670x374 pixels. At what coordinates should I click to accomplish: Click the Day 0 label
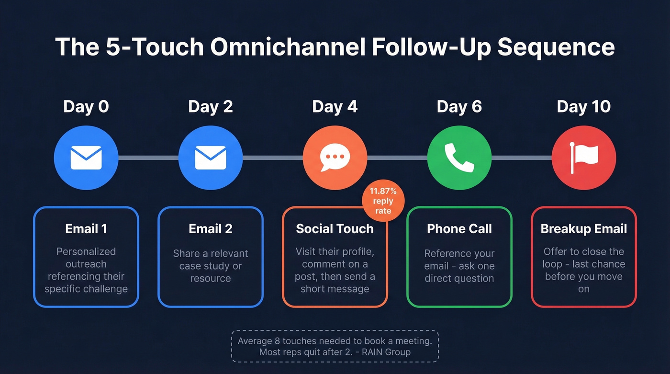coord(86,106)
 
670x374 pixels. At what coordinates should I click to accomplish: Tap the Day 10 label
coord(583,106)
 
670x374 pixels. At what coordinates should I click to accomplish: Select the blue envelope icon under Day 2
coord(211,158)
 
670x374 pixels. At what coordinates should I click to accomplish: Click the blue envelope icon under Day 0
coord(86,158)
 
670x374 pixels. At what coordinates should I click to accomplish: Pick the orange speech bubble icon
coord(335,158)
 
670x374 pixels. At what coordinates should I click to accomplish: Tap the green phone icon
coord(459,158)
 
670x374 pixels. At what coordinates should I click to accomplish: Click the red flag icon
coord(584,158)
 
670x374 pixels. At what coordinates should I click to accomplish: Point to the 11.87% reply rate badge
coord(383,201)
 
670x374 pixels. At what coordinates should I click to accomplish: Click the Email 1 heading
coord(86,229)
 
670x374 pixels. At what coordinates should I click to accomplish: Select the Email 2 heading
coord(211,229)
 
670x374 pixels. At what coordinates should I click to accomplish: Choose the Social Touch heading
coord(335,229)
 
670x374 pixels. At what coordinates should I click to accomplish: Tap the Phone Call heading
coord(459,229)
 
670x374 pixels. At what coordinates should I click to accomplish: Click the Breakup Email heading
coord(584,229)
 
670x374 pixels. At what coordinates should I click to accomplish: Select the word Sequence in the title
coord(556,47)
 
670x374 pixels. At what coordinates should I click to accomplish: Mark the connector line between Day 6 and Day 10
coord(522,158)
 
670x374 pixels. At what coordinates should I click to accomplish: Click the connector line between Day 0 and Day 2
coord(148,158)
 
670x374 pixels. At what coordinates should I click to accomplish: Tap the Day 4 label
coord(335,106)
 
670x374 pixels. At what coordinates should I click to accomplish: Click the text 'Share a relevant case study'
coord(211,260)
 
